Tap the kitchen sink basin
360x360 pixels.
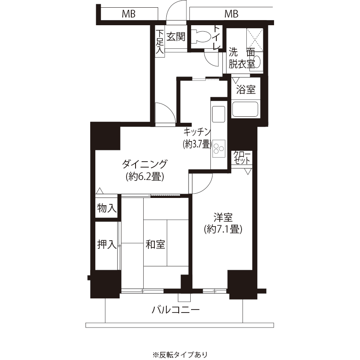coord(218,114)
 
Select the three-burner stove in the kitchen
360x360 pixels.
coord(218,148)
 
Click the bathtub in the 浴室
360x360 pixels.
coord(245,109)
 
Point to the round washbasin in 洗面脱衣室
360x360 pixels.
coord(257,62)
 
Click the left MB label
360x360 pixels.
coord(129,14)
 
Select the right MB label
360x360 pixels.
coord(231,14)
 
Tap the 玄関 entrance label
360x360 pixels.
coord(176,36)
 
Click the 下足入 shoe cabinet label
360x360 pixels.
coord(160,42)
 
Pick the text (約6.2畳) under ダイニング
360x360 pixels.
coord(145,177)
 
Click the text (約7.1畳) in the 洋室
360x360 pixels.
coord(223,229)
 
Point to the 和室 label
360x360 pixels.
coord(156,244)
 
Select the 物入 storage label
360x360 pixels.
coord(107,208)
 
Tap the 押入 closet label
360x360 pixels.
coord(107,244)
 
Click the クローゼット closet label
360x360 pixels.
coord(242,157)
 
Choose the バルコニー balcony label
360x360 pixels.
coord(176,310)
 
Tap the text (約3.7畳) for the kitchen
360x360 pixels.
coord(197,145)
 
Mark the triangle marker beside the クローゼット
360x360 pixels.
coord(248,171)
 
